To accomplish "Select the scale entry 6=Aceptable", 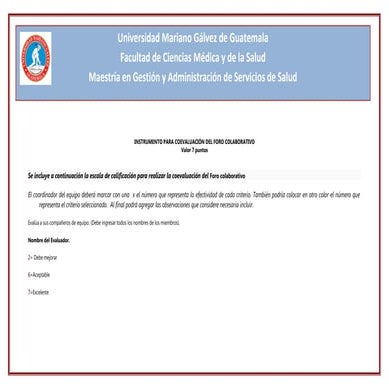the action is tap(40, 273).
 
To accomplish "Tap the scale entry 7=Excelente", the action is tap(39, 291).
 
